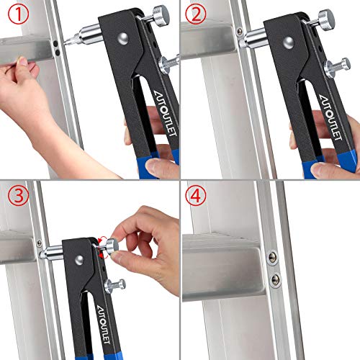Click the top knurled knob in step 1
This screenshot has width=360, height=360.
(x=161, y=14)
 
